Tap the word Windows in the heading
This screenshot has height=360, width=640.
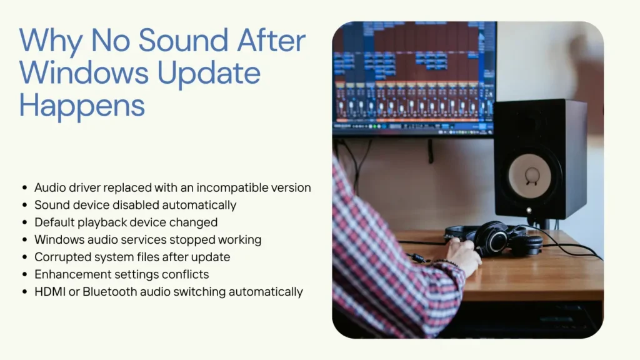83,73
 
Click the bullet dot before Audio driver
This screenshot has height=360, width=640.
24,188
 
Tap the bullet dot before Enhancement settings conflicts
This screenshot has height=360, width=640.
24,274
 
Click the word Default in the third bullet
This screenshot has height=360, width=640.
53,222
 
